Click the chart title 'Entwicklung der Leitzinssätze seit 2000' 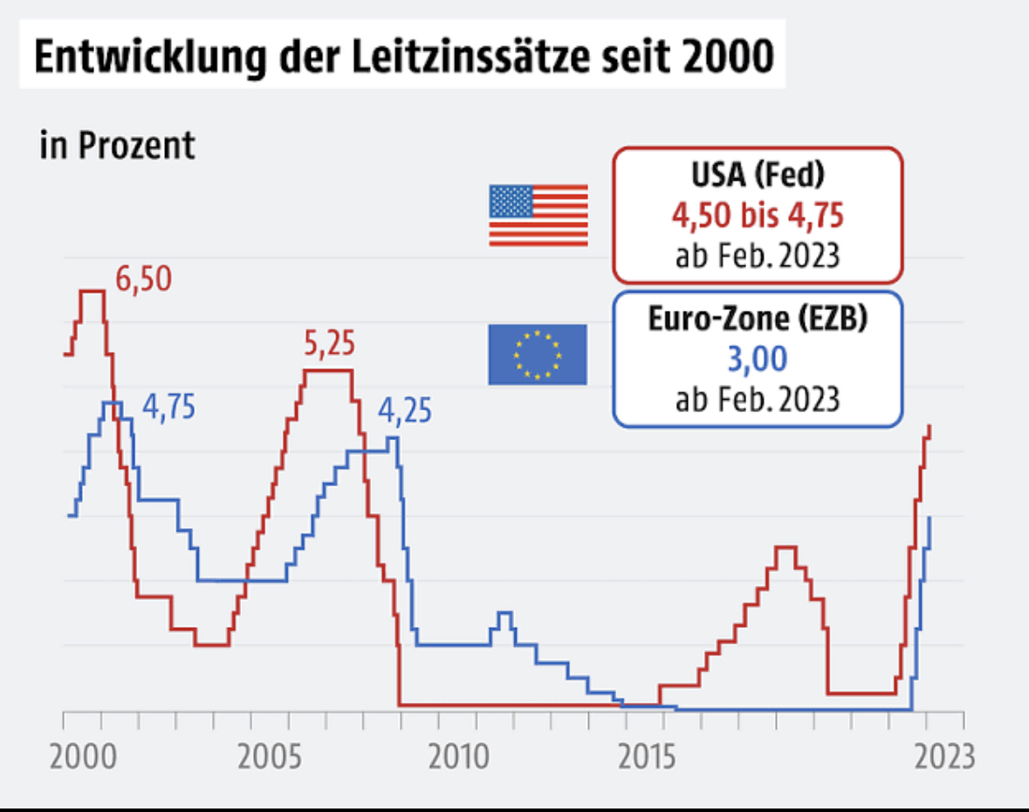403,57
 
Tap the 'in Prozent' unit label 118,145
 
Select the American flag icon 538,215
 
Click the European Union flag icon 538,354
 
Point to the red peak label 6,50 144,279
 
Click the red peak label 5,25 330,345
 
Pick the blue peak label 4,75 168,408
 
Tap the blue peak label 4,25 405,409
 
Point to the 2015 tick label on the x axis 648,756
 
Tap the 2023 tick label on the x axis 944,756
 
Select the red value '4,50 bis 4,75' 758,215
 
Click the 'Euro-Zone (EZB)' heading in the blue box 758,320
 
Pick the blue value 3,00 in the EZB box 758,359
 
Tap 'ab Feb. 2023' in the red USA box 758,255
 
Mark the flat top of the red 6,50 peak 93,291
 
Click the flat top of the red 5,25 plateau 328,370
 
